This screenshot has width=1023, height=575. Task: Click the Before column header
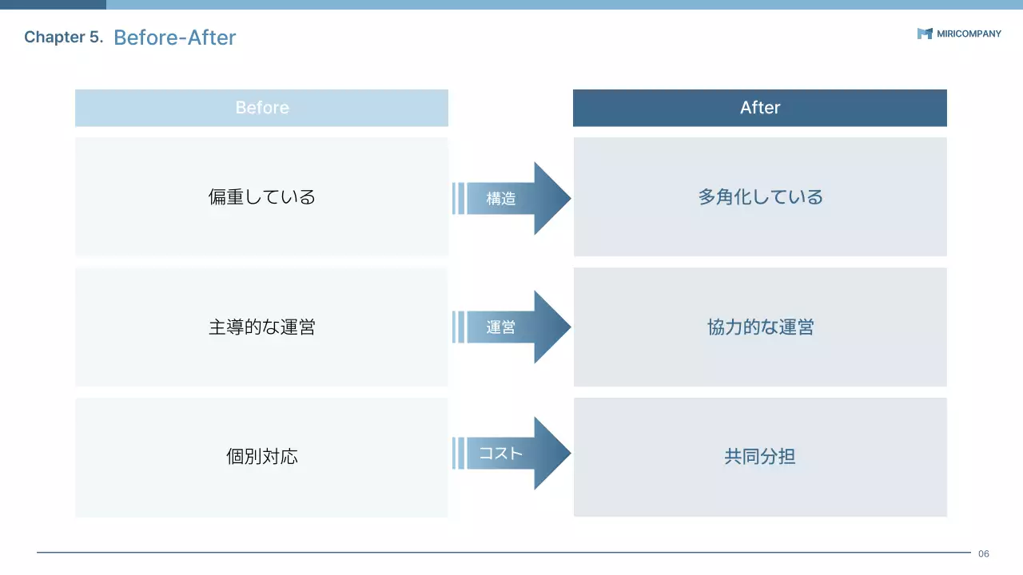click(x=261, y=108)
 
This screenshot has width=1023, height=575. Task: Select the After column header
click(x=759, y=108)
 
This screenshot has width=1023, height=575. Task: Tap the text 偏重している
click(x=261, y=197)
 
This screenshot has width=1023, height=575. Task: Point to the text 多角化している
click(x=760, y=197)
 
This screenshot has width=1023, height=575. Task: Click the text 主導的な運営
click(x=261, y=327)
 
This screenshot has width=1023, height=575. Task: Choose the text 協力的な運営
click(x=760, y=327)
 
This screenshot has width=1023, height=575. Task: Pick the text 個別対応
click(x=261, y=457)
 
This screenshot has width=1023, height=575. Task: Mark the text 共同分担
click(x=760, y=457)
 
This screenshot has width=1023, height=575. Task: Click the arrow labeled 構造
click(x=511, y=199)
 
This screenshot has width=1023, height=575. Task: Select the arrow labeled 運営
click(x=511, y=327)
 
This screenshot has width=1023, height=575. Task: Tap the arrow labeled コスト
click(x=511, y=454)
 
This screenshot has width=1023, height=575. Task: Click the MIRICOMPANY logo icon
click(x=925, y=34)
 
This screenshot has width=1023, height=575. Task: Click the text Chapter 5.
click(x=64, y=38)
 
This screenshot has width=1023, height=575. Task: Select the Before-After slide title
click(x=175, y=38)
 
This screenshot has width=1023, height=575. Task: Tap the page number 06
click(x=984, y=553)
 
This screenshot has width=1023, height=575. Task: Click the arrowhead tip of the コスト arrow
click(x=567, y=454)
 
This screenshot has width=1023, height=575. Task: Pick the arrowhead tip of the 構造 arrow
click(x=567, y=199)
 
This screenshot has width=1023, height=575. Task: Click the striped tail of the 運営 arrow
click(x=458, y=327)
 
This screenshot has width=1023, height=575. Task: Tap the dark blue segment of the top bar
click(x=53, y=4)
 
